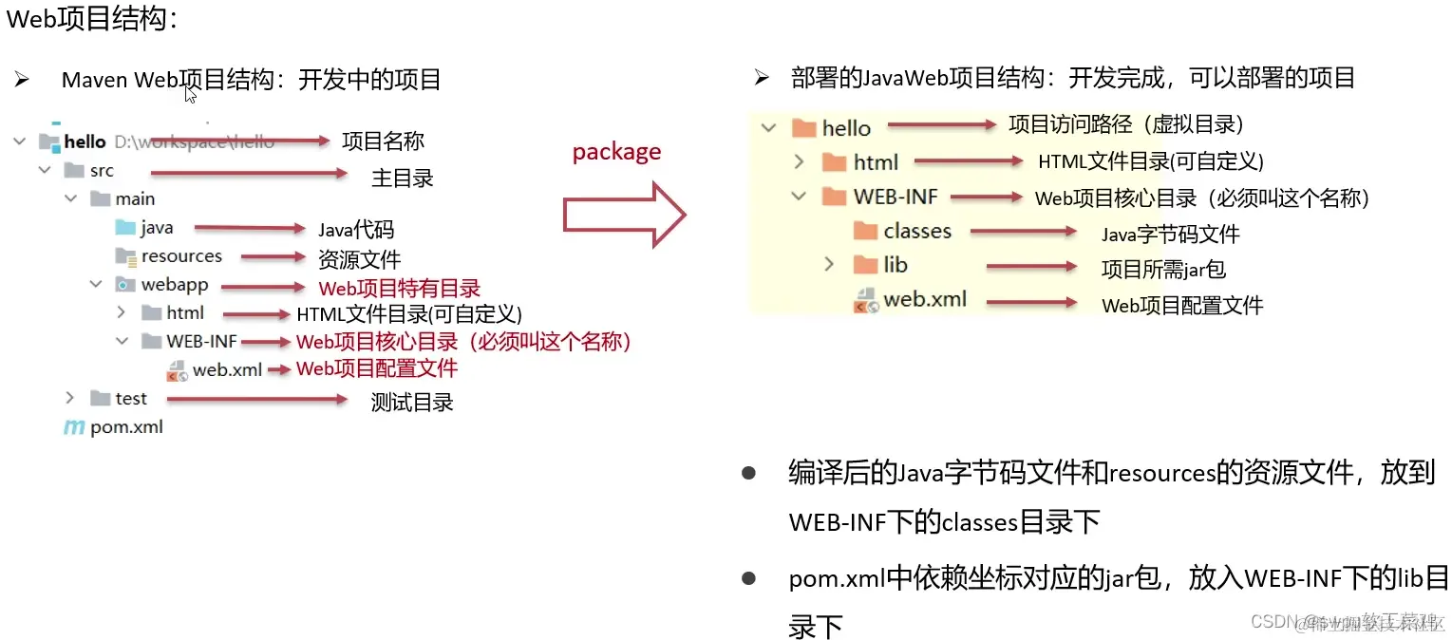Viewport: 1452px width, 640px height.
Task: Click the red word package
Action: (616, 152)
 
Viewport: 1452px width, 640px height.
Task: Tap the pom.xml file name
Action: (126, 427)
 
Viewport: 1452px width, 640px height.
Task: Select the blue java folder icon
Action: (125, 228)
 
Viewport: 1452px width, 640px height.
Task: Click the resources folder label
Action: (181, 256)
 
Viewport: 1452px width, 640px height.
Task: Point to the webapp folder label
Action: (175, 285)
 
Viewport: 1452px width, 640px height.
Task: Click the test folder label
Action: (131, 399)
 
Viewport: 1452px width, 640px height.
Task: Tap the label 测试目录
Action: (412, 402)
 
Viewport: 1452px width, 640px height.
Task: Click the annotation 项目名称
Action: (383, 141)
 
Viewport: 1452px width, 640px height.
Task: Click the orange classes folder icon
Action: (865, 231)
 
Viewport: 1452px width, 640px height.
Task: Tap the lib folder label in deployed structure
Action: (896, 265)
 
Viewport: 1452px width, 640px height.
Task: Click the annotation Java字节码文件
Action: (1170, 234)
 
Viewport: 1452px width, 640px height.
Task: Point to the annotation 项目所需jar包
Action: (1163, 269)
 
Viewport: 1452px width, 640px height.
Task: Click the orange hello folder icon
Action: (804, 127)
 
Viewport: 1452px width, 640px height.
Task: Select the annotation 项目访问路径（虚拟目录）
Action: (1126, 124)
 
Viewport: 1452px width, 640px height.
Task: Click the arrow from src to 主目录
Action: (249, 173)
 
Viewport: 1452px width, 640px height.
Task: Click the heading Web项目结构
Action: (92, 20)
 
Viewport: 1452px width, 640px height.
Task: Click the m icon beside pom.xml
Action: (73, 427)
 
